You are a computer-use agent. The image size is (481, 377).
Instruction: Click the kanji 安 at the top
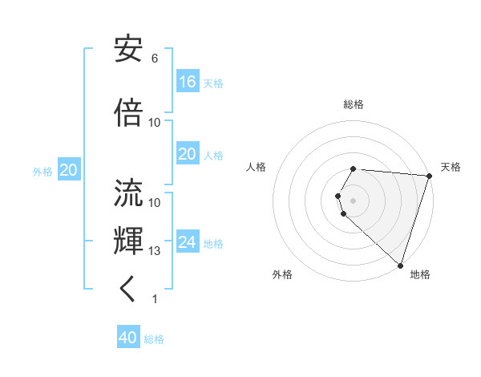tap(129, 50)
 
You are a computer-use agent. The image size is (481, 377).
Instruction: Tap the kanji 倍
tap(129, 112)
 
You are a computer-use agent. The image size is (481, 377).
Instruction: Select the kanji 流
tap(129, 193)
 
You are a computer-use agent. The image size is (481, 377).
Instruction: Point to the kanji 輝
tap(129, 241)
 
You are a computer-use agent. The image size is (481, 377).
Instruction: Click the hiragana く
tap(128, 290)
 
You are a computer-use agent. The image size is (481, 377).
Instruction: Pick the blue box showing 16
tap(188, 82)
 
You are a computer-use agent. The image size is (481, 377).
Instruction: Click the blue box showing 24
tap(188, 242)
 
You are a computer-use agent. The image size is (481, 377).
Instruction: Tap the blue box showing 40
tap(128, 338)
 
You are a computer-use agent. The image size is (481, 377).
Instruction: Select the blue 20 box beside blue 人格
tap(188, 154)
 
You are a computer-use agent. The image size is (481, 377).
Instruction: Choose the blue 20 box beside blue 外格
tap(69, 170)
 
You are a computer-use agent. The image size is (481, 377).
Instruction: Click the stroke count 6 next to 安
tap(155, 59)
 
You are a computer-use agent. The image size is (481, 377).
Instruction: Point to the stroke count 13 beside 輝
tap(155, 251)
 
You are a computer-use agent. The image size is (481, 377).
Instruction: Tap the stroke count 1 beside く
tap(155, 299)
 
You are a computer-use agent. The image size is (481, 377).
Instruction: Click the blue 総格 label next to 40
tap(154, 339)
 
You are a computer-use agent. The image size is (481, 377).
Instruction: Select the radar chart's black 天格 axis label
tap(451, 167)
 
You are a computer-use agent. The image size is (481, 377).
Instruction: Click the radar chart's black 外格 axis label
tap(282, 274)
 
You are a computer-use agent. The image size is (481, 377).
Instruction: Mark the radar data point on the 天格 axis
tap(429, 176)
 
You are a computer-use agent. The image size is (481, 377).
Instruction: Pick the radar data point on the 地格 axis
tap(400, 266)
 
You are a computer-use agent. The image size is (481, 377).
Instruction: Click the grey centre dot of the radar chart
tap(354, 200)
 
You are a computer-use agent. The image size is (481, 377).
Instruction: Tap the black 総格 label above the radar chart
tap(354, 104)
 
